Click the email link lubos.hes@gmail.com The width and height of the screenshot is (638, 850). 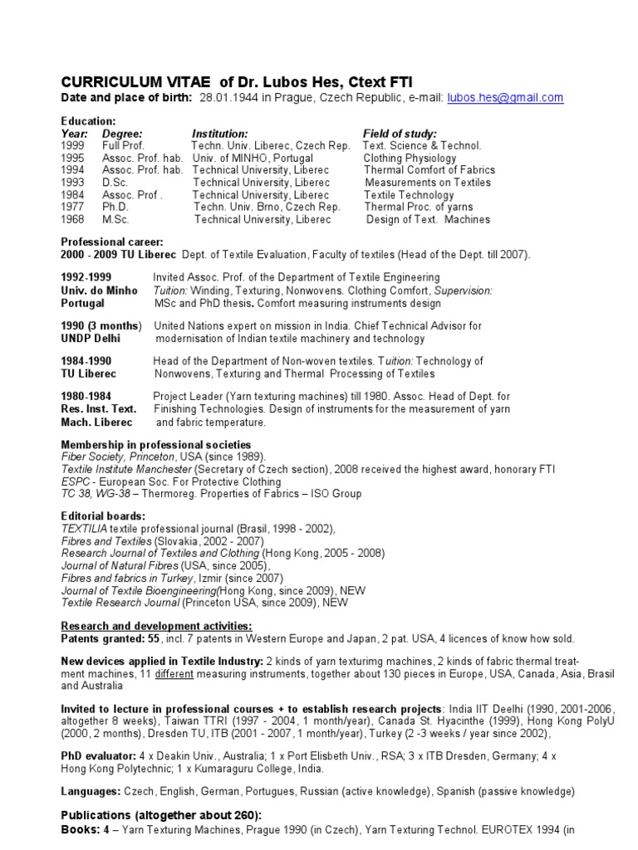coord(505,98)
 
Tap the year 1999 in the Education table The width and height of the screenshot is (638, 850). coord(73,145)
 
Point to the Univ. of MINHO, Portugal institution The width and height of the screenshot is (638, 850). coord(253,158)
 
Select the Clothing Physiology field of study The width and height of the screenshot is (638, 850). coord(410,158)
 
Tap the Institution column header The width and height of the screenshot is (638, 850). coord(220,133)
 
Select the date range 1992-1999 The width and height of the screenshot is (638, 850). coord(86,276)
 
